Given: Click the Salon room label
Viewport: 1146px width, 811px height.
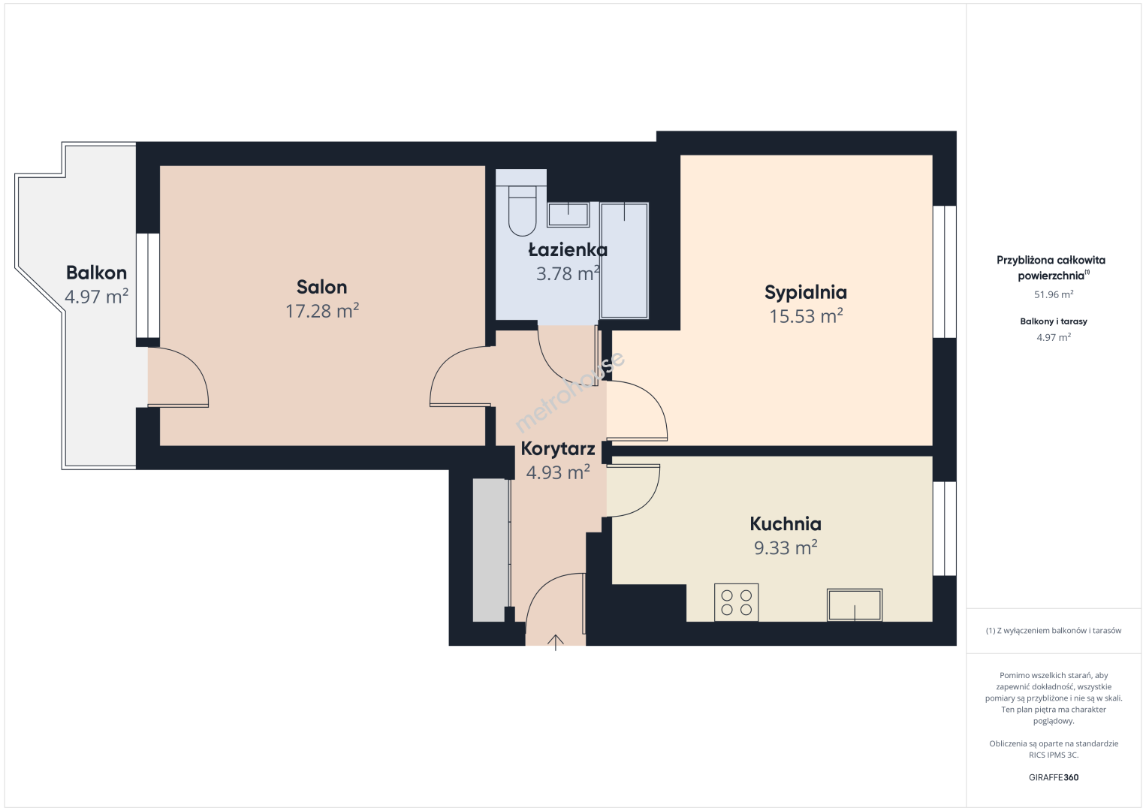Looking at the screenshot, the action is click(322, 287).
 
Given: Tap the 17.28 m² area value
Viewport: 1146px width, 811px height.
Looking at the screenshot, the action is click(322, 311).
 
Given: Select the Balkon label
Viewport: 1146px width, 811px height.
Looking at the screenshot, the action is click(96, 273).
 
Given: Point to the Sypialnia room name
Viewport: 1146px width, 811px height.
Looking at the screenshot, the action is click(806, 292).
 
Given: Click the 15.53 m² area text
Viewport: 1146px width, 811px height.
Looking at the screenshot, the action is click(807, 316).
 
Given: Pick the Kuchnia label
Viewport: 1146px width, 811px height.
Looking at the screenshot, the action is click(786, 524).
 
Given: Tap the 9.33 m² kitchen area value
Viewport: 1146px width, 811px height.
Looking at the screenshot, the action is click(786, 548).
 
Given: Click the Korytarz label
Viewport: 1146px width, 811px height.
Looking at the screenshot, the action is click(558, 449).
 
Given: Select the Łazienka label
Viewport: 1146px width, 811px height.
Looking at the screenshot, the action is click(568, 250).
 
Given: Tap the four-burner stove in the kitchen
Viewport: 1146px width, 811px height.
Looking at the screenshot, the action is click(736, 603).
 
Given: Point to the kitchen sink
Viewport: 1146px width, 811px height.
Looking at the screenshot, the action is click(855, 604).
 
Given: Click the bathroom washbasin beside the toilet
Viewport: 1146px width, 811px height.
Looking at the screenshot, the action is click(568, 215).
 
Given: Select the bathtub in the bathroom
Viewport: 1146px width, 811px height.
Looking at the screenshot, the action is click(624, 261).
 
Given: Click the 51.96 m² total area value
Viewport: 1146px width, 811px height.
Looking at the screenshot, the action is click(1054, 294).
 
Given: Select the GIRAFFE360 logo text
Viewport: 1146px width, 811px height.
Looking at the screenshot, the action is click(1054, 777).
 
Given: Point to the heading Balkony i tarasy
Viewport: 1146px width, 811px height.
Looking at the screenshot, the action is click(1054, 321).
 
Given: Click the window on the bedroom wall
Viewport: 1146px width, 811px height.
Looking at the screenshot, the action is click(945, 272).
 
